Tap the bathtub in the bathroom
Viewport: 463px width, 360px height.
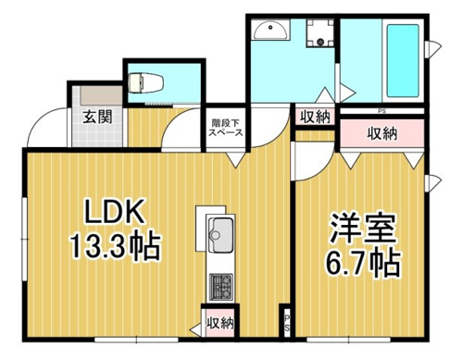pos(403,60)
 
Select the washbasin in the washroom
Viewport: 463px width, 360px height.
pos(270,30)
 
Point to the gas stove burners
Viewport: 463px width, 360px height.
pos(221,287)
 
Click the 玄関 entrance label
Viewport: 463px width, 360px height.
pos(97,117)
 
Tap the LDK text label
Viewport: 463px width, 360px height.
pos(114,211)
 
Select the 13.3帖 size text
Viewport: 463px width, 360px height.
pos(116,246)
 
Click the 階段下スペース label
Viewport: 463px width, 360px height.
pos(226,128)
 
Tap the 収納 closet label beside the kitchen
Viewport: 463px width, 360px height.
pos(219,323)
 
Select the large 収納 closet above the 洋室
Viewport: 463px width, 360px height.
pos(382,133)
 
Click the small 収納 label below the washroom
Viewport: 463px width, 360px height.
pos(315,117)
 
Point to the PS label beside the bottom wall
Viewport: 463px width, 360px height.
pos(287,323)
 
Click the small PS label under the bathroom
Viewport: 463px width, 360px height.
pos(382,111)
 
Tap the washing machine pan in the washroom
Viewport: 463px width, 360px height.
pos(320,33)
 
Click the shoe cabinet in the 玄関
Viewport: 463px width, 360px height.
pos(102,95)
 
